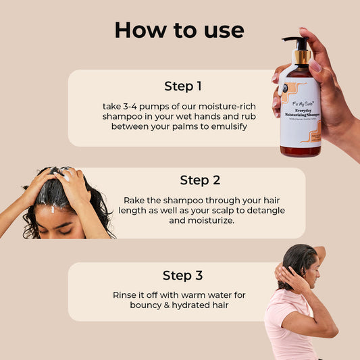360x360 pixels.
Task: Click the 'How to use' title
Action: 179,30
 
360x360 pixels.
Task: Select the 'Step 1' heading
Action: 183,86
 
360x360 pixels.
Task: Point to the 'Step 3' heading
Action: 182,275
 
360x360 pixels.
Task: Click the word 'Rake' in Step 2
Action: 134,200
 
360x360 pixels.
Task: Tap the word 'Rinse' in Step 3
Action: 126,294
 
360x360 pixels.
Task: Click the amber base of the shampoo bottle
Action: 301,151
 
